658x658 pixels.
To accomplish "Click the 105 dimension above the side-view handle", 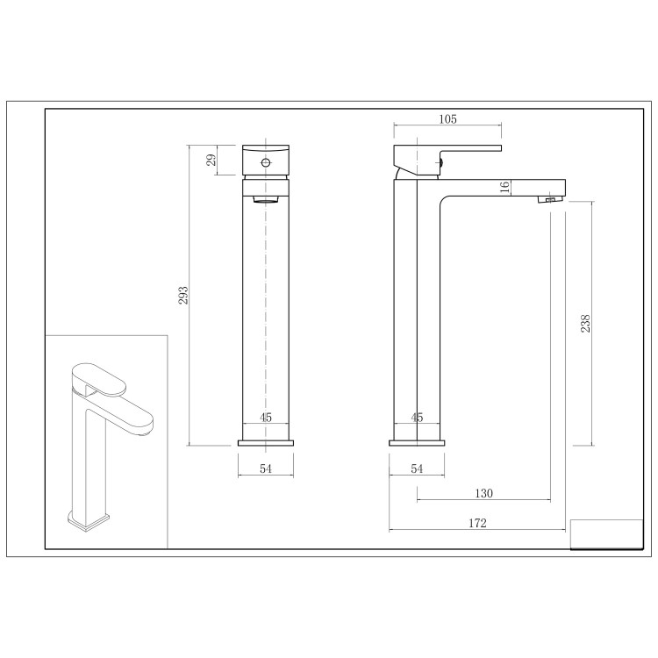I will point(447,119).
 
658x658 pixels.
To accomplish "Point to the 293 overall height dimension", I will point(183,295).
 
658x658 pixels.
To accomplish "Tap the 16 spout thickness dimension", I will point(504,187).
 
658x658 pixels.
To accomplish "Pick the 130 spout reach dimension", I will point(483,494).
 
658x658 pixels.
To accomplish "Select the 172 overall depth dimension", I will point(477,523).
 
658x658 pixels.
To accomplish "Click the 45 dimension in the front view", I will point(266,418).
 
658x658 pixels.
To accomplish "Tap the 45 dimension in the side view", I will point(418,418).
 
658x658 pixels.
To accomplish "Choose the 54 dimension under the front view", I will point(266,469).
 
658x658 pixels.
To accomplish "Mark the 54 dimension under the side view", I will point(418,469).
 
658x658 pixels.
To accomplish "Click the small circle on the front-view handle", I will point(266,162).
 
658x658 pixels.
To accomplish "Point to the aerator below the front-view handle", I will point(266,200).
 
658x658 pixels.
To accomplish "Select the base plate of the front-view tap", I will point(266,441).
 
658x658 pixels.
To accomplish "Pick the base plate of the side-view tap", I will point(418,441).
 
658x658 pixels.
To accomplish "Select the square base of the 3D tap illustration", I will point(89,523).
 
